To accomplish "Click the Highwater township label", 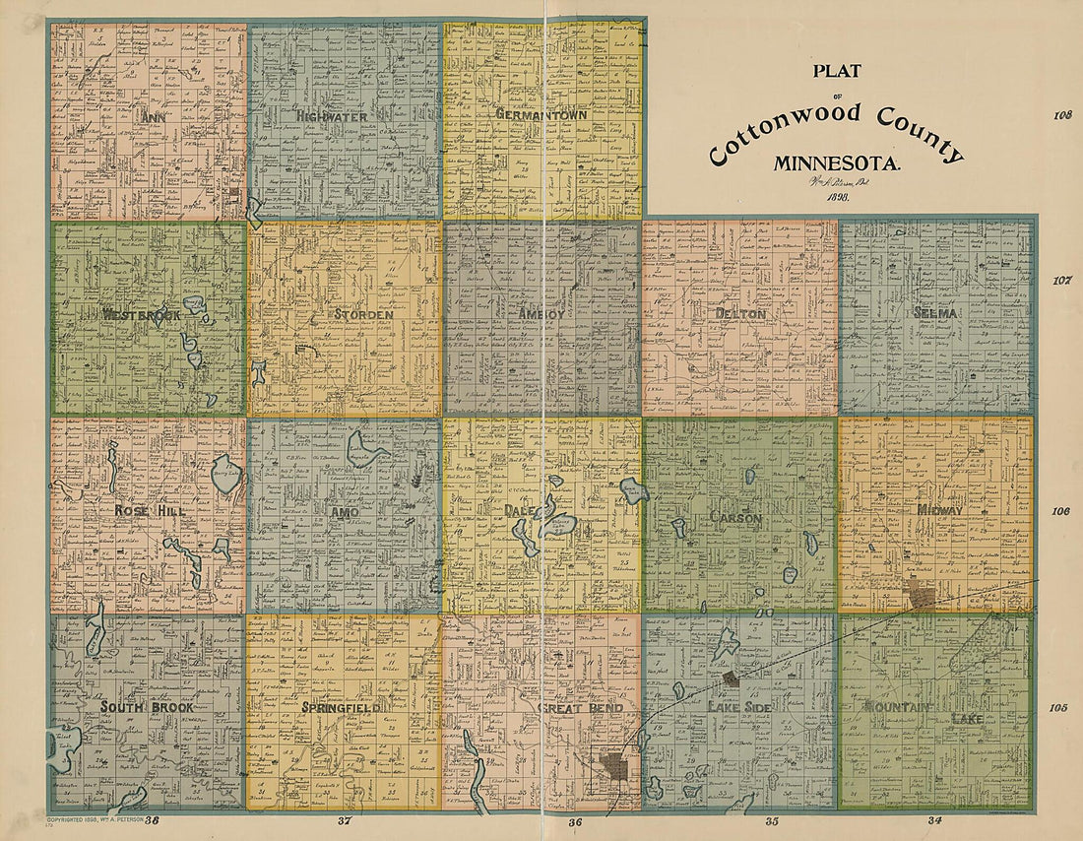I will (x=331, y=116).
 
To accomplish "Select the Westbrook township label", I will (x=142, y=315).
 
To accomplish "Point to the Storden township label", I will (x=363, y=315).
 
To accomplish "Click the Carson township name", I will (x=736, y=516).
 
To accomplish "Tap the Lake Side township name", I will (x=734, y=707).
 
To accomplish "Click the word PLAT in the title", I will (x=836, y=71).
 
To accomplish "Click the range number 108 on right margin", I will (x=1060, y=115).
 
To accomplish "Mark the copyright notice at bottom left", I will (x=96, y=818).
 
